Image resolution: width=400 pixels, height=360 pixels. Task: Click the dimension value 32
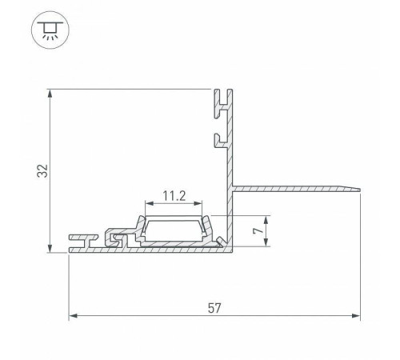pos(42,171)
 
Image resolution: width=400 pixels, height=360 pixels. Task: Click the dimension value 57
pos(214,308)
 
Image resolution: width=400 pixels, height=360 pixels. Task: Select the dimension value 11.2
pos(174,196)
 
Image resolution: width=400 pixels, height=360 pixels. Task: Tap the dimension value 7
pos(258,231)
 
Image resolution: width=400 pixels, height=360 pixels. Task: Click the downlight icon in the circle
pos(50,30)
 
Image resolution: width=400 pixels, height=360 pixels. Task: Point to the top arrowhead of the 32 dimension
pos(50,94)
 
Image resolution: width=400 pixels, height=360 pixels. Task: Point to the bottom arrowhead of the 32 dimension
pos(50,247)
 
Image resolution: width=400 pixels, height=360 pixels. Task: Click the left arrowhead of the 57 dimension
pos(74,316)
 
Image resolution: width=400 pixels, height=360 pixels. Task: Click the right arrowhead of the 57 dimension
pos(355,316)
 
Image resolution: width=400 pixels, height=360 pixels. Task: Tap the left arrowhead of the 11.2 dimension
pos(150,203)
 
